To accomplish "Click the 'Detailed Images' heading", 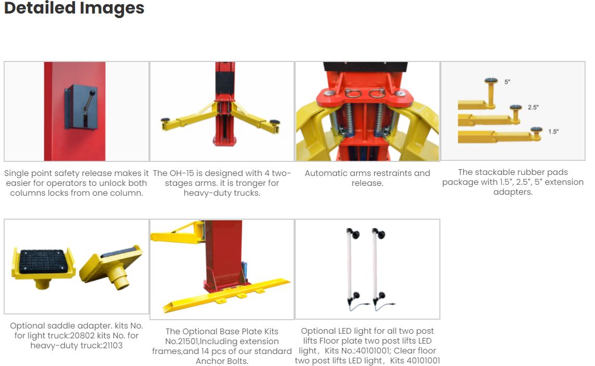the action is coord(74,8).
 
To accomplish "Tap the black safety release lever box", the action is coord(81,107).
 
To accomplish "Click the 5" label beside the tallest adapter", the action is coord(508,82).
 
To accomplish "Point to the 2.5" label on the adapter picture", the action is coord(533,107).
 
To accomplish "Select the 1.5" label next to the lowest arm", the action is coord(553,132).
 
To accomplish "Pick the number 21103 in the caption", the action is coord(112,346).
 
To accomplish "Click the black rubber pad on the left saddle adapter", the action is coord(44,261).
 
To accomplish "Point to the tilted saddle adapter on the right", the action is coord(111,266).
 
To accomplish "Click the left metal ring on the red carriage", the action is coord(352,93).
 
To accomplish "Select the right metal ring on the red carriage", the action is coord(377,93).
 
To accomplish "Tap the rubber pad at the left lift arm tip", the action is coord(165,120).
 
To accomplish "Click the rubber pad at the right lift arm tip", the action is coord(275,122).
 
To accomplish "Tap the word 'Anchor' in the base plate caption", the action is coord(209,361).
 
